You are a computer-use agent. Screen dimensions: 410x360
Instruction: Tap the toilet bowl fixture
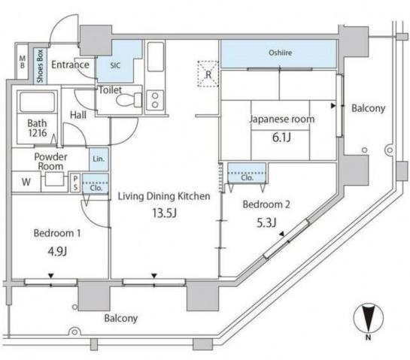tap(129, 99)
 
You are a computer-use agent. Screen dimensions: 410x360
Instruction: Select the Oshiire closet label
tap(281, 53)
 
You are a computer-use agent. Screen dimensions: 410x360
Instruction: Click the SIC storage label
tap(115, 65)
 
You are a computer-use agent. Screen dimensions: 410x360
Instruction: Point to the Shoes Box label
tap(40, 66)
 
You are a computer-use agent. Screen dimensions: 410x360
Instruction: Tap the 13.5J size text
tap(165, 213)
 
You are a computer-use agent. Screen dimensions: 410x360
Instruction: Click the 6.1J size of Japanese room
tap(281, 137)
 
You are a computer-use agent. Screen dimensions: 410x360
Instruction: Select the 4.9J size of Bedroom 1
tap(57, 251)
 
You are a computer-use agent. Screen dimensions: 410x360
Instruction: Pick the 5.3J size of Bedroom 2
tap(266, 222)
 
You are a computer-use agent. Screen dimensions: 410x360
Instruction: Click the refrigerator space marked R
tap(208, 74)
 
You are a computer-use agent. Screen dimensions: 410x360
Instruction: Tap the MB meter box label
tap(23, 62)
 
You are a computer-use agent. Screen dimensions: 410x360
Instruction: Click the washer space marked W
tap(26, 182)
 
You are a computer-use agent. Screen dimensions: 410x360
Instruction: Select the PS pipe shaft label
tap(75, 183)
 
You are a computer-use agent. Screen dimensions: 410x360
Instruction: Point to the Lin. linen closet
tap(99, 159)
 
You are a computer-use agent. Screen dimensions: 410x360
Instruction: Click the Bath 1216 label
tap(37, 128)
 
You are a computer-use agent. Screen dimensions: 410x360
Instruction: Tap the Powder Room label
tap(50, 162)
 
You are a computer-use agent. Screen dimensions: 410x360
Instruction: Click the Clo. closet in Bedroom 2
tap(247, 173)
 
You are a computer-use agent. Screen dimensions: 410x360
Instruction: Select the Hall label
tap(78, 115)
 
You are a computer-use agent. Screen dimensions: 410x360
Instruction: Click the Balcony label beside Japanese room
tap(368, 108)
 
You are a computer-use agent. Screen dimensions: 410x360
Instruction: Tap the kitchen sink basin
tap(156, 56)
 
